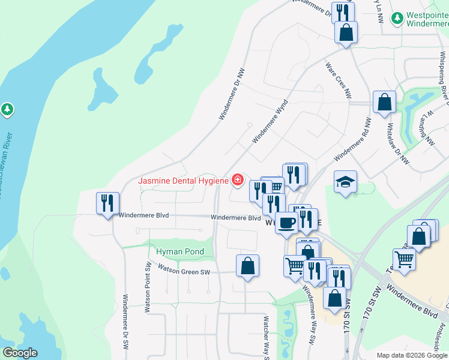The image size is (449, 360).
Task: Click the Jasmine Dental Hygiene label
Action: click(x=183, y=181)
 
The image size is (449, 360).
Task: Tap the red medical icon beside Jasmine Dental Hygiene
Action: click(x=238, y=180)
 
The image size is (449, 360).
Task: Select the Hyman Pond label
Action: click(x=180, y=251)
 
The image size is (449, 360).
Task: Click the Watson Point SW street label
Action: click(x=147, y=287)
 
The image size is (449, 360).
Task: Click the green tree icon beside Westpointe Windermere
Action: click(x=397, y=19)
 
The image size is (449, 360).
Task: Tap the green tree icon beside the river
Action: click(x=7, y=110)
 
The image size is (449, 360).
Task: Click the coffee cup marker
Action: click(x=286, y=223)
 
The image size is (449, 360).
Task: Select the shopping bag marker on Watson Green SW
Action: click(x=247, y=266)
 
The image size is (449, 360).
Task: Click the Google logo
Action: click(x=20, y=353)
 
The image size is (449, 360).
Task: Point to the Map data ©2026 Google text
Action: click(x=411, y=355)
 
